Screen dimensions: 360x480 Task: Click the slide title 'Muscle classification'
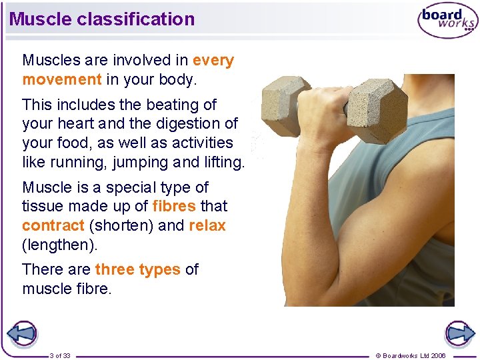(x=102, y=19)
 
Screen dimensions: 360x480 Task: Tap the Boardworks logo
(x=447, y=21)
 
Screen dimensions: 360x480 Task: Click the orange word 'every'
(x=213, y=61)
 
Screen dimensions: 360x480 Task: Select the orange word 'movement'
(x=61, y=79)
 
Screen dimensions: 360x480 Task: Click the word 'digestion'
(x=187, y=124)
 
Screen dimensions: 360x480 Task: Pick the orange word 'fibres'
(x=174, y=207)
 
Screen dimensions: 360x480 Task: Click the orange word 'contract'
(x=53, y=225)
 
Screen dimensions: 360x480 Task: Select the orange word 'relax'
(x=207, y=225)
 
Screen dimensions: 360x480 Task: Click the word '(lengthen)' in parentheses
(x=59, y=245)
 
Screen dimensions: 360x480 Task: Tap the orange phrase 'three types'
(x=137, y=270)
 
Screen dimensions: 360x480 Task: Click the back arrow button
(x=21, y=333)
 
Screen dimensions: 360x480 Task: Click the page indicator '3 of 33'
(x=60, y=355)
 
